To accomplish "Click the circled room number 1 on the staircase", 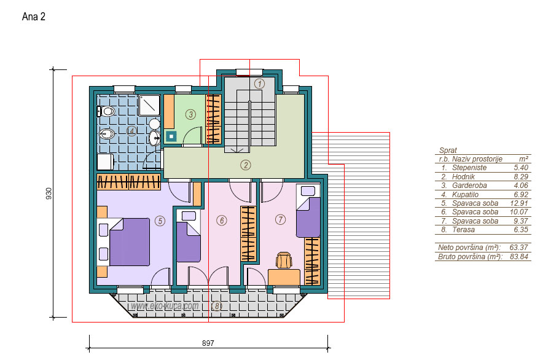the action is click(259, 84).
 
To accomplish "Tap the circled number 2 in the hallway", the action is click(245, 165).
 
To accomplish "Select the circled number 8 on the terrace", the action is click(216, 305).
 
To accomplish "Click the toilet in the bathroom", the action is click(106, 112).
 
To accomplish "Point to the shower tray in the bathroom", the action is click(149, 105).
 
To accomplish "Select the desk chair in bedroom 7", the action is click(284, 260).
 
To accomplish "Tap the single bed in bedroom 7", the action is click(308, 211).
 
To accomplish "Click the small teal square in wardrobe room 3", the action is click(171, 136).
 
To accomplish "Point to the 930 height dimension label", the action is click(49, 194).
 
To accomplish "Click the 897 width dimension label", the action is click(208, 343).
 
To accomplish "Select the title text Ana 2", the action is click(34, 17).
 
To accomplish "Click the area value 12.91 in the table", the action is click(519, 203).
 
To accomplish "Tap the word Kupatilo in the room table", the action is click(465, 195).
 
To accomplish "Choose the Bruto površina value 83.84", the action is click(519, 257).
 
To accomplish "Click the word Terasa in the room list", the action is click(463, 230).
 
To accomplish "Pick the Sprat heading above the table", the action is click(448, 151).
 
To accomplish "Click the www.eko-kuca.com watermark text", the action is click(165, 306).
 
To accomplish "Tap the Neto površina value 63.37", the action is click(519, 248).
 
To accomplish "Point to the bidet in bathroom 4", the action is click(106, 134).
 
